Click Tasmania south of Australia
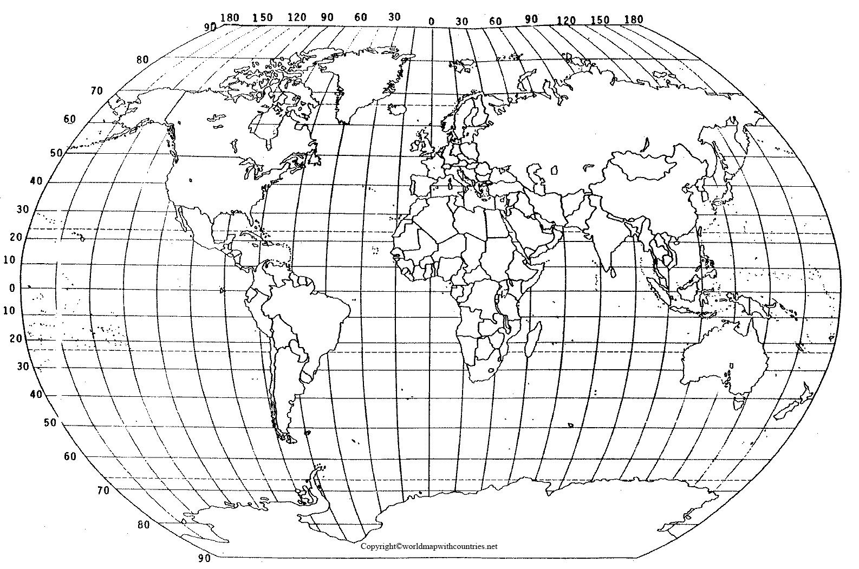(x=739, y=403)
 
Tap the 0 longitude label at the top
(x=431, y=22)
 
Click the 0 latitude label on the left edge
(x=12, y=288)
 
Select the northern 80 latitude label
(x=142, y=60)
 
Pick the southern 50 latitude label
(x=50, y=423)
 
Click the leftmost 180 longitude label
(x=230, y=17)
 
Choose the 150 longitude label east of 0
(x=600, y=21)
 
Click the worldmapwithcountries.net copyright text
(x=429, y=546)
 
